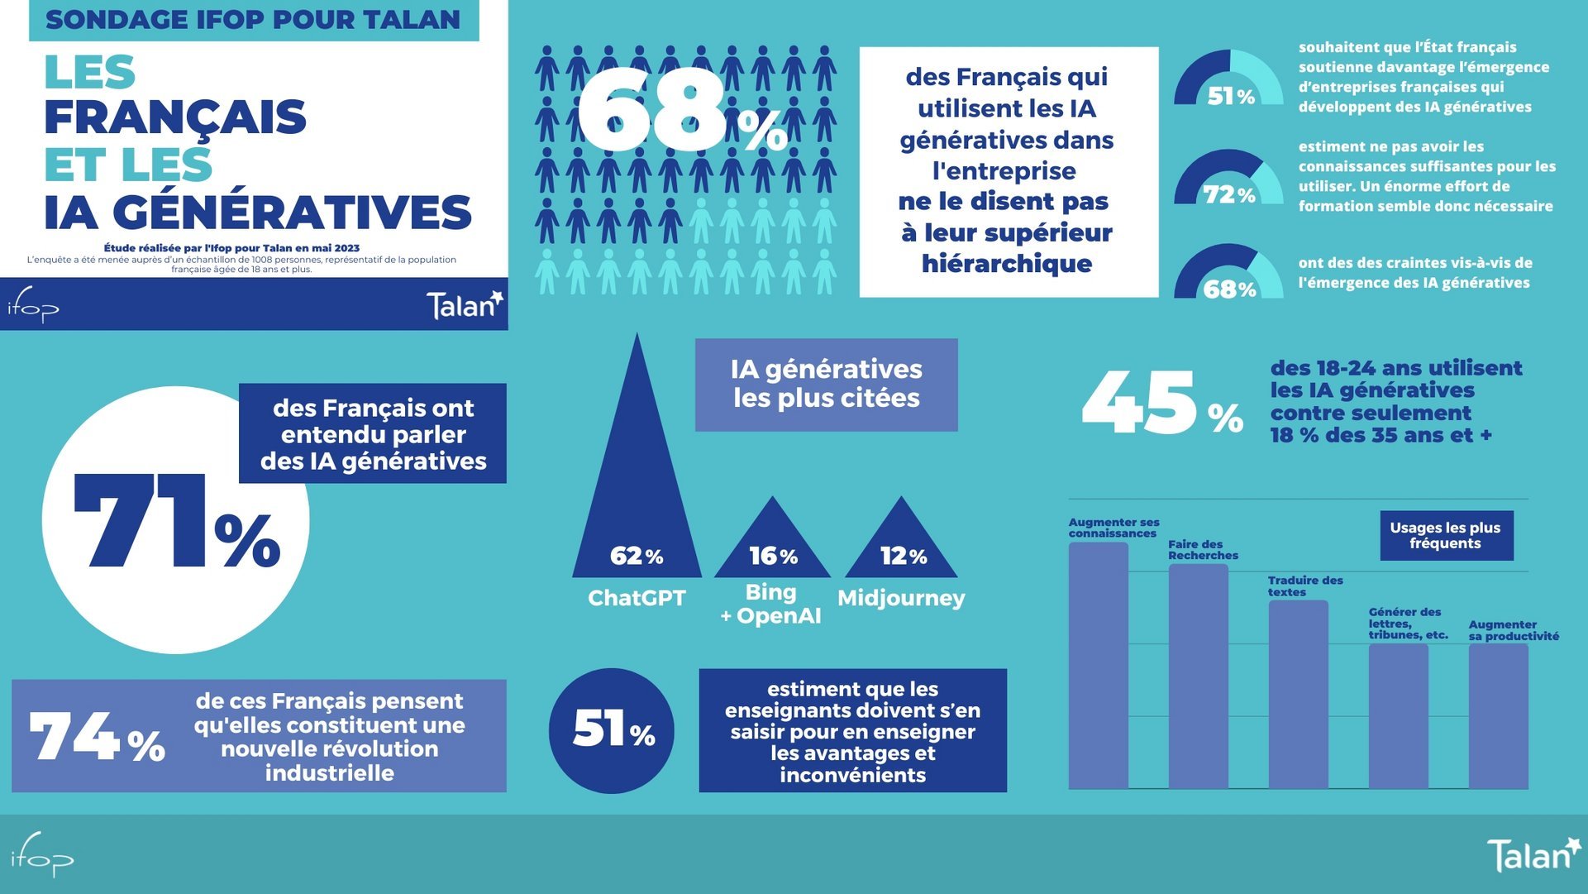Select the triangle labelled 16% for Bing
click(x=772, y=546)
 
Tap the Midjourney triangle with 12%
click(x=901, y=546)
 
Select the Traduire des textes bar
click(x=1298, y=695)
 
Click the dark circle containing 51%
click(x=612, y=730)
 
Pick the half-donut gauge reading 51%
click(x=1228, y=79)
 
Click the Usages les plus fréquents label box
click(x=1445, y=535)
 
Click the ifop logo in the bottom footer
click(x=41, y=856)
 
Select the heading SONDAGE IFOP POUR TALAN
click(x=253, y=20)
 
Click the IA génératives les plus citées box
click(x=826, y=384)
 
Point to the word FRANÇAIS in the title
click(x=175, y=117)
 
